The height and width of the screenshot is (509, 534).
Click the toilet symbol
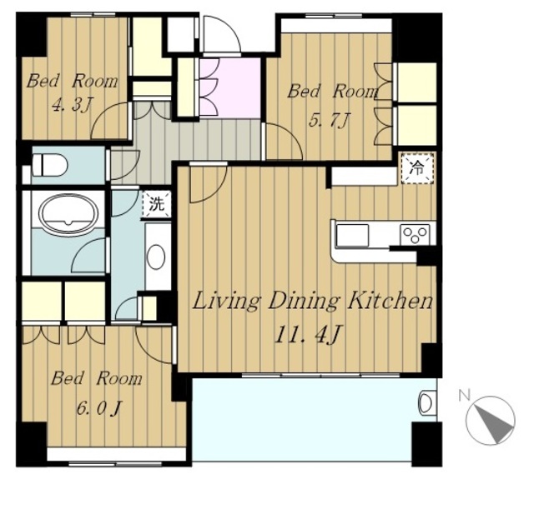click(50, 165)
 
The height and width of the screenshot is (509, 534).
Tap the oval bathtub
click(68, 213)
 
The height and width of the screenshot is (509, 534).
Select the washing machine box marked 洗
click(157, 204)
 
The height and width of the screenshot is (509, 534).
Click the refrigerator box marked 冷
click(417, 168)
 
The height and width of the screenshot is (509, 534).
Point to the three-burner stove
click(415, 235)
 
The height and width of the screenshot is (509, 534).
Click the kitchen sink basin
click(352, 235)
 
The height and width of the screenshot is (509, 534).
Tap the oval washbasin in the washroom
click(156, 257)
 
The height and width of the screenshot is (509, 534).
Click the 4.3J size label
click(73, 105)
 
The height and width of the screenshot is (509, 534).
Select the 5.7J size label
click(329, 120)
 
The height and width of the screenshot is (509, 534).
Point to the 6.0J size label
click(98, 408)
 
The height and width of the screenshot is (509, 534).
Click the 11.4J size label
click(308, 335)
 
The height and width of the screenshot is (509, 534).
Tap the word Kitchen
click(390, 301)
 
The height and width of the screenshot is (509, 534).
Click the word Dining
click(304, 302)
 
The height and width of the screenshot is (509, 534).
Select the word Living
click(226, 302)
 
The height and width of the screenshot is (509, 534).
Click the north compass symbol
click(491, 420)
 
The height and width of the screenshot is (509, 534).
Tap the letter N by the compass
click(465, 395)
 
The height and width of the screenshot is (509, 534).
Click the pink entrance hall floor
click(230, 87)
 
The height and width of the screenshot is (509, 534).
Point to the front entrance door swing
click(221, 34)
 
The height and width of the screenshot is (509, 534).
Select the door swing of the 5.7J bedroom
click(284, 142)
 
